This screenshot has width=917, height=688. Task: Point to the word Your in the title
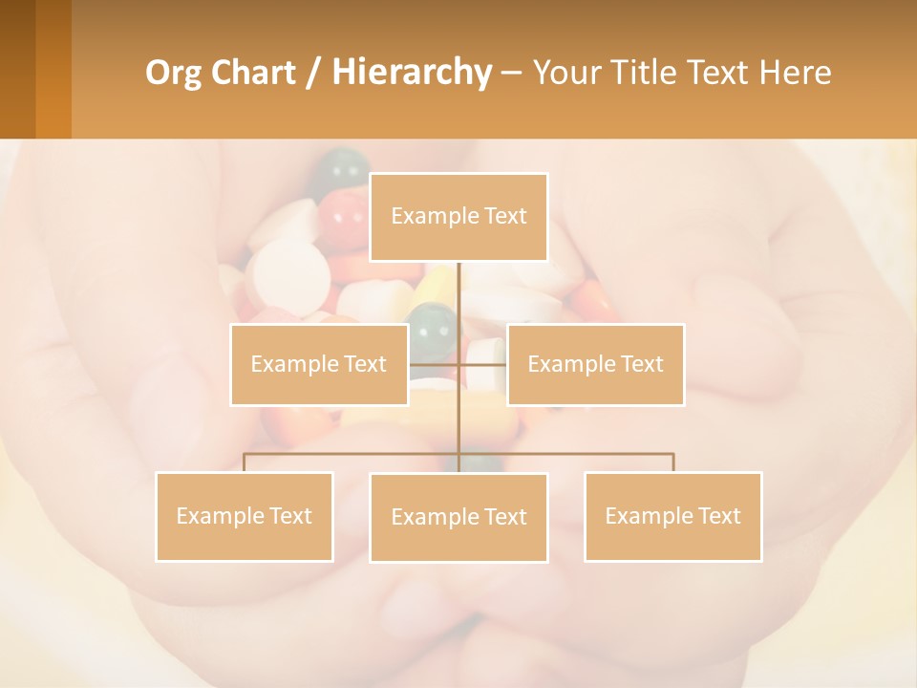(x=565, y=73)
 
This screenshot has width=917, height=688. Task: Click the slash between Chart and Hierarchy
(x=313, y=73)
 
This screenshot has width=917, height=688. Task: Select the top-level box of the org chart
(x=458, y=217)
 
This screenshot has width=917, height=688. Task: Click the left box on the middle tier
(x=319, y=364)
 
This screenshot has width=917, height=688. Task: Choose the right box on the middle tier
(x=595, y=364)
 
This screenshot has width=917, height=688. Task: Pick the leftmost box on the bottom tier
(x=245, y=516)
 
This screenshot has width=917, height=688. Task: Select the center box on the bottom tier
(x=458, y=517)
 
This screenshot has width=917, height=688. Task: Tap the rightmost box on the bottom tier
(x=673, y=516)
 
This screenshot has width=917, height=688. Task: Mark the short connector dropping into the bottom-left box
(x=245, y=462)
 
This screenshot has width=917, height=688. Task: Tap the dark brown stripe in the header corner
(x=17, y=69)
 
